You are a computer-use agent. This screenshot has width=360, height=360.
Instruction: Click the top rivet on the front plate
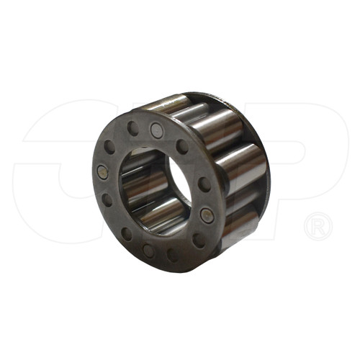[x=156, y=130]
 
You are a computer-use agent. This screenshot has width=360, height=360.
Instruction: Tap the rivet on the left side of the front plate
[x=103, y=172]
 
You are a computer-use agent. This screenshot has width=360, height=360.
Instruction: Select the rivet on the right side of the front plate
[x=207, y=215]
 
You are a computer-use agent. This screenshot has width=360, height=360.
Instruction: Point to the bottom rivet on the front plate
[x=148, y=251]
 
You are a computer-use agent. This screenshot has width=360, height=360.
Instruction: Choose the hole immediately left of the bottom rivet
[x=127, y=233]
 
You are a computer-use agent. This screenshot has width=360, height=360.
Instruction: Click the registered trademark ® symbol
[x=318, y=227]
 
